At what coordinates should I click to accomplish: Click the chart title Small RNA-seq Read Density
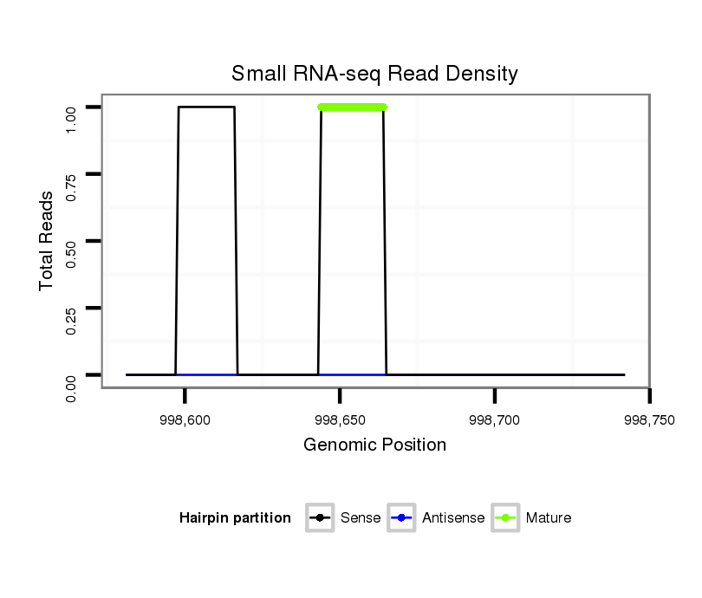[374, 75]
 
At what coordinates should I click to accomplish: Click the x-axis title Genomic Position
[374, 445]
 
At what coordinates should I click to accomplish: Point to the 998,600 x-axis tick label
[185, 419]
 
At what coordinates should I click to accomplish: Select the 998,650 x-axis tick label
[340, 419]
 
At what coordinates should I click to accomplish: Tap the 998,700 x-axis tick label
[495, 419]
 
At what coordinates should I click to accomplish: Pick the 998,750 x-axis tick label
[649, 419]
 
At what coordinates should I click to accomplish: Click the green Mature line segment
[352, 107]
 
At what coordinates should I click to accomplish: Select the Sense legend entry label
[361, 518]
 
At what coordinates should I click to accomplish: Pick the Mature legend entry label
[549, 518]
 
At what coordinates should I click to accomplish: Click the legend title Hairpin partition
[235, 518]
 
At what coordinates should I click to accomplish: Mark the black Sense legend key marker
[320, 518]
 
